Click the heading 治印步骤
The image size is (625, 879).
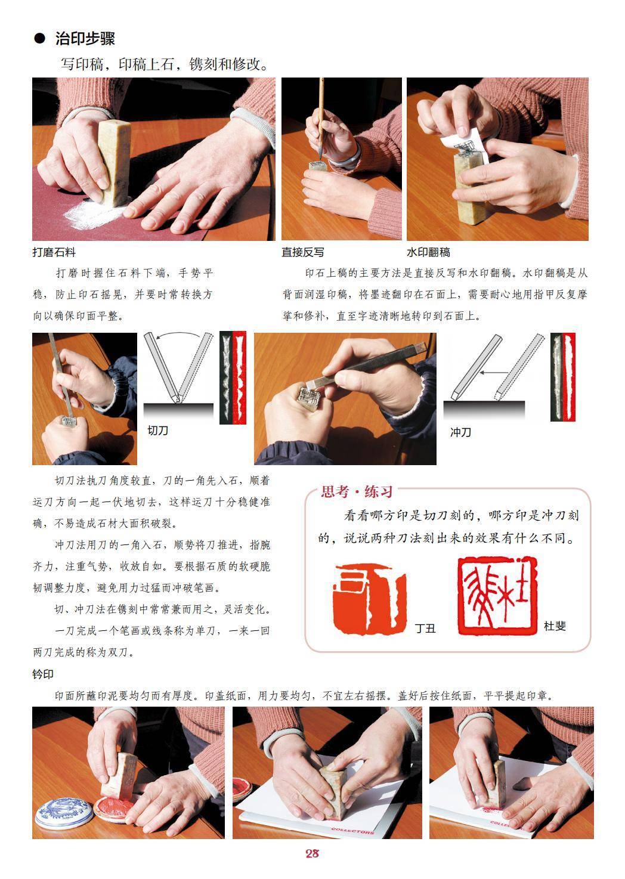pos(85,38)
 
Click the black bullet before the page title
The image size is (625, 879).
pos(39,38)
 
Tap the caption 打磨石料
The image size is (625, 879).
pos(54,252)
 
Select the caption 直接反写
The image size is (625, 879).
pos(303,252)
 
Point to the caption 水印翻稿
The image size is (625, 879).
pos(428,252)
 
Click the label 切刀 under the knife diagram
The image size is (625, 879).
pos(157,431)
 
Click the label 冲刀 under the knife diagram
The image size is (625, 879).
pos(460,432)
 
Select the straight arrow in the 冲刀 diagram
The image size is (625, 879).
pos(494,372)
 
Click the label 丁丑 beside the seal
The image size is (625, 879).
pos(425,629)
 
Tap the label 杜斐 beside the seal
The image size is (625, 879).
pos(555,626)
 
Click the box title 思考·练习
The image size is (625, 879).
pos(357,491)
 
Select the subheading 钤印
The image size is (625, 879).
pos(43,674)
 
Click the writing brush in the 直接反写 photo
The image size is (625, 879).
pos(321,117)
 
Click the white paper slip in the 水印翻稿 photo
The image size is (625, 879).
pos(466,146)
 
